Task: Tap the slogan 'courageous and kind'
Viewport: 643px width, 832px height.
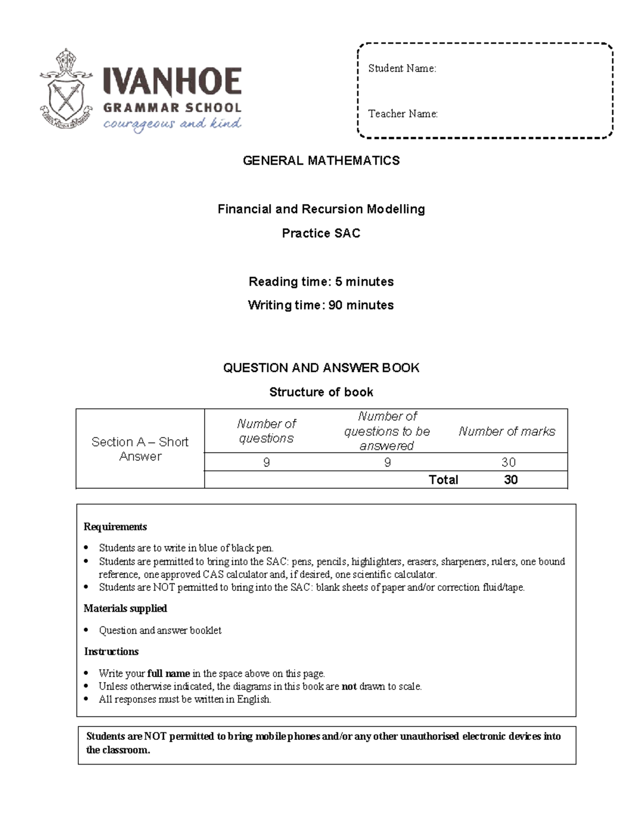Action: coord(172,124)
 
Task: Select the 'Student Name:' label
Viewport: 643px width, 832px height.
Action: coord(402,69)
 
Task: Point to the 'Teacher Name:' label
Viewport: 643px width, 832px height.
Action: coord(403,114)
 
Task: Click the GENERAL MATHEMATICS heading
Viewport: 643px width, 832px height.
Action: coord(321,161)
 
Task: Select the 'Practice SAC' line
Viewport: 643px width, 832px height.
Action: coord(321,234)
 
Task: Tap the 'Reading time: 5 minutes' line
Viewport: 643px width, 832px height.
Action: coord(321,282)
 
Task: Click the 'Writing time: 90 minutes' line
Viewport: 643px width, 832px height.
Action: coord(321,305)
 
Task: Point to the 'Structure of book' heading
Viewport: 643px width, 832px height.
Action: coord(321,392)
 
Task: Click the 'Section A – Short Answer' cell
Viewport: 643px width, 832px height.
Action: coord(140,449)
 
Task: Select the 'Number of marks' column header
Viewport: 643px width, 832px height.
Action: coord(506,431)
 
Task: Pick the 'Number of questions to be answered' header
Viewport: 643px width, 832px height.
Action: coord(387,431)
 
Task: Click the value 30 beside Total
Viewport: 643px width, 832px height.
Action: coord(511,480)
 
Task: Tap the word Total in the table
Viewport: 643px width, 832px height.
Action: coord(443,480)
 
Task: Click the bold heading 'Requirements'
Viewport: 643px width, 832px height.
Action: coord(115,527)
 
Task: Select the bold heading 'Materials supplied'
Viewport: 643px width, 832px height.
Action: coord(125,609)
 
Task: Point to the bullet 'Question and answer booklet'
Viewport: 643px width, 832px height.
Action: coord(160,631)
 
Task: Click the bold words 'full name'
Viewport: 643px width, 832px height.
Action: coord(168,673)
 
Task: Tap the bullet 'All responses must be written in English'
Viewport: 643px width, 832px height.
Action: coord(185,699)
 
